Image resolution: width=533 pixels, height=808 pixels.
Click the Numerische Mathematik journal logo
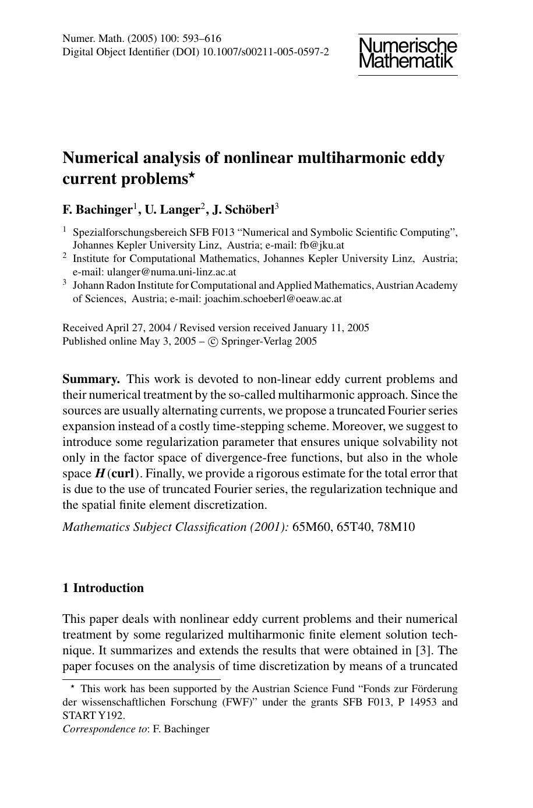click(x=408, y=53)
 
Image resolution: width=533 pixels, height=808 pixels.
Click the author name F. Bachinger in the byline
click(x=97, y=209)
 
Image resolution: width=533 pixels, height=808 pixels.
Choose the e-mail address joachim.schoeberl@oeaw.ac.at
click(x=273, y=299)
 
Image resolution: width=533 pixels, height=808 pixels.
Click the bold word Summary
click(x=91, y=379)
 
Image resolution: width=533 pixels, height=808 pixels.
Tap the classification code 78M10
click(x=396, y=527)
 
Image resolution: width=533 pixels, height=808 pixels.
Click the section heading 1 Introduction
click(x=103, y=588)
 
